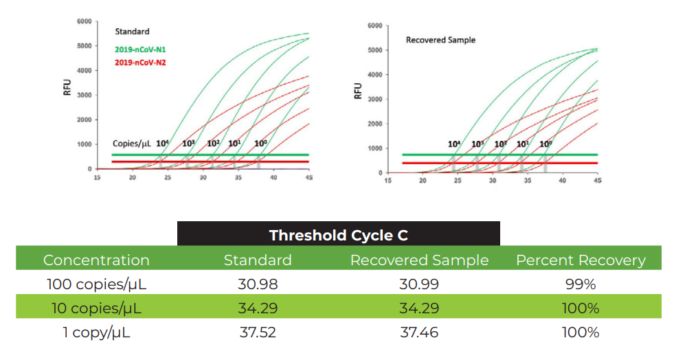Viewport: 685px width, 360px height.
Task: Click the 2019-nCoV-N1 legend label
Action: [x=140, y=49]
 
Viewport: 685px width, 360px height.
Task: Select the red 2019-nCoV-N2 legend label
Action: [x=140, y=63]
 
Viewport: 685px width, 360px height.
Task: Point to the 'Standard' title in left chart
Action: [x=132, y=32]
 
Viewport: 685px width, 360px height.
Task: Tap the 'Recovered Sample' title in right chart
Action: [x=440, y=40]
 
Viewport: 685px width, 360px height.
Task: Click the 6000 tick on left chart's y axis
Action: [x=84, y=21]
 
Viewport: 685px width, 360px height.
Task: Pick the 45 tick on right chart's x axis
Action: [x=597, y=181]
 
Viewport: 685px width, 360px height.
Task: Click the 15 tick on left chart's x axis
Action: [x=97, y=177]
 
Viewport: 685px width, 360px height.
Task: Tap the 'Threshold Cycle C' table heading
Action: [x=338, y=235]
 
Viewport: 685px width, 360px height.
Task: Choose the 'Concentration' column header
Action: [x=96, y=260]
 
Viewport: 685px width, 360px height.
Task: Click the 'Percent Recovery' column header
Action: [x=581, y=260]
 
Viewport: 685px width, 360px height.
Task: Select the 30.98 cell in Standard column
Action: [x=258, y=284]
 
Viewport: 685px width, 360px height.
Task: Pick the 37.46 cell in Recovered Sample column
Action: [x=419, y=333]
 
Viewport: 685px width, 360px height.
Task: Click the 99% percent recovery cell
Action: [x=581, y=284]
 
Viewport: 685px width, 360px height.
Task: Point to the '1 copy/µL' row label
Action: [x=96, y=333]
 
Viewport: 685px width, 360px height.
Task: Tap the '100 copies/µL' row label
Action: [x=96, y=284]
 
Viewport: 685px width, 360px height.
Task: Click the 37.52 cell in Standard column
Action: [x=258, y=333]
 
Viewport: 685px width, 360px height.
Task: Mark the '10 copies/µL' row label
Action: [x=96, y=308]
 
